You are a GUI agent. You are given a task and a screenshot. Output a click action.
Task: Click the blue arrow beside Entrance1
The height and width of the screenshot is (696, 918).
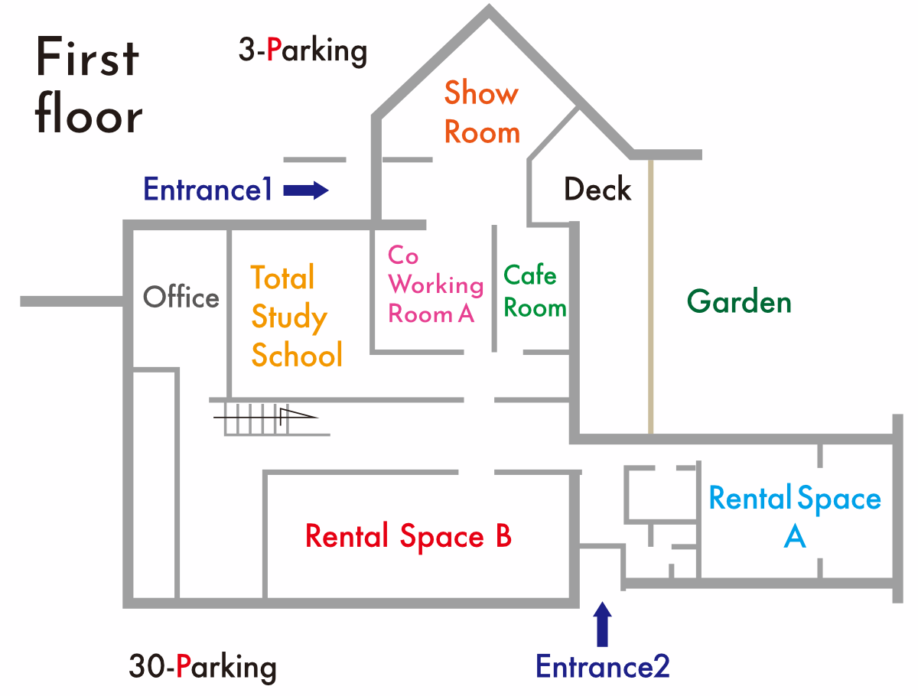tap(306, 190)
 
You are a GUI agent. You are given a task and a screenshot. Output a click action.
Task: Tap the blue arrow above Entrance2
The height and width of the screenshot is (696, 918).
tap(602, 624)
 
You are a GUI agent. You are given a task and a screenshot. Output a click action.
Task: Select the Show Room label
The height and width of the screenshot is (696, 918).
tap(482, 112)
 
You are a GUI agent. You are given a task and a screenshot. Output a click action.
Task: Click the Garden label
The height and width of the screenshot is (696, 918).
tap(739, 301)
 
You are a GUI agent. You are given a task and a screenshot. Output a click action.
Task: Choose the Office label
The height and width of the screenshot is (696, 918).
tap(181, 297)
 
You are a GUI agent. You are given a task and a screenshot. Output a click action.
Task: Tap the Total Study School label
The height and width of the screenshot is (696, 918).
tap(297, 316)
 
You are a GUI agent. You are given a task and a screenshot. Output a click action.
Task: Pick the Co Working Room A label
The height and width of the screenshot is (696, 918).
tap(435, 285)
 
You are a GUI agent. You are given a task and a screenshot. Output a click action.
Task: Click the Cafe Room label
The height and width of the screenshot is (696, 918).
tap(535, 291)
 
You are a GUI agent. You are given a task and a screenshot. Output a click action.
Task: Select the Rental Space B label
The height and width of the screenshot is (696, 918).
tap(409, 535)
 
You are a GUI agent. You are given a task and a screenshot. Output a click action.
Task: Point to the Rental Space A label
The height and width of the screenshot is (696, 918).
tap(795, 515)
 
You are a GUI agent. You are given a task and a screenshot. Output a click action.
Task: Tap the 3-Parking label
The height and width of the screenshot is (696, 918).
tap(303, 51)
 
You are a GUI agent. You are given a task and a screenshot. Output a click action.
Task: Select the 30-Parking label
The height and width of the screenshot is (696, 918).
tap(203, 666)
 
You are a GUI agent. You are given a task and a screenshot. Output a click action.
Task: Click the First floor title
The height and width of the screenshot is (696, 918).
tap(89, 85)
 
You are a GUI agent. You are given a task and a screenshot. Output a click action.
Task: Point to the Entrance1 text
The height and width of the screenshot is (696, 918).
tap(207, 190)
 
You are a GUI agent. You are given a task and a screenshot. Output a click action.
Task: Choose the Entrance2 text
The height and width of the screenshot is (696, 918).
tap(603, 666)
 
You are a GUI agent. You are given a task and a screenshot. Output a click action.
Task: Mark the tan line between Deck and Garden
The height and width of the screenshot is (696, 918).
tap(651, 297)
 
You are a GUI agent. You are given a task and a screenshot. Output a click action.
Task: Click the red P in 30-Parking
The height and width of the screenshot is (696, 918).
tap(184, 665)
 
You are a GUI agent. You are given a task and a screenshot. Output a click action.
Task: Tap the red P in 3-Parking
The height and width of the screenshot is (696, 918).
tap(274, 49)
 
